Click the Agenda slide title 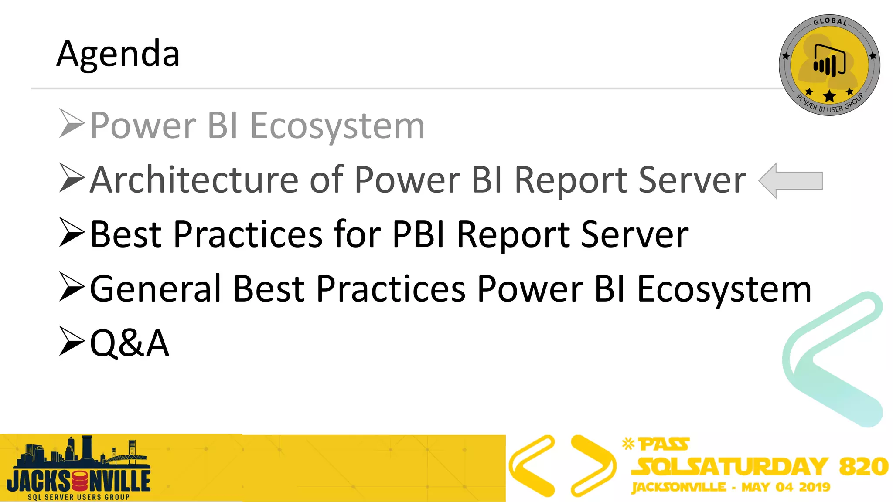click(118, 54)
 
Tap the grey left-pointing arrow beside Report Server click(790, 180)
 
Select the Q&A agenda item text click(129, 343)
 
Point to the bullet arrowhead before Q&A click(72, 341)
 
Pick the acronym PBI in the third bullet click(419, 234)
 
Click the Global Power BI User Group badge click(829, 65)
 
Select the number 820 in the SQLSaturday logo click(863, 466)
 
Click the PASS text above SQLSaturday click(664, 444)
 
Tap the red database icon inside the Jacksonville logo click(80, 481)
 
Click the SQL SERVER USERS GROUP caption click(78, 497)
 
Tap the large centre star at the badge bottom click(829, 95)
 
